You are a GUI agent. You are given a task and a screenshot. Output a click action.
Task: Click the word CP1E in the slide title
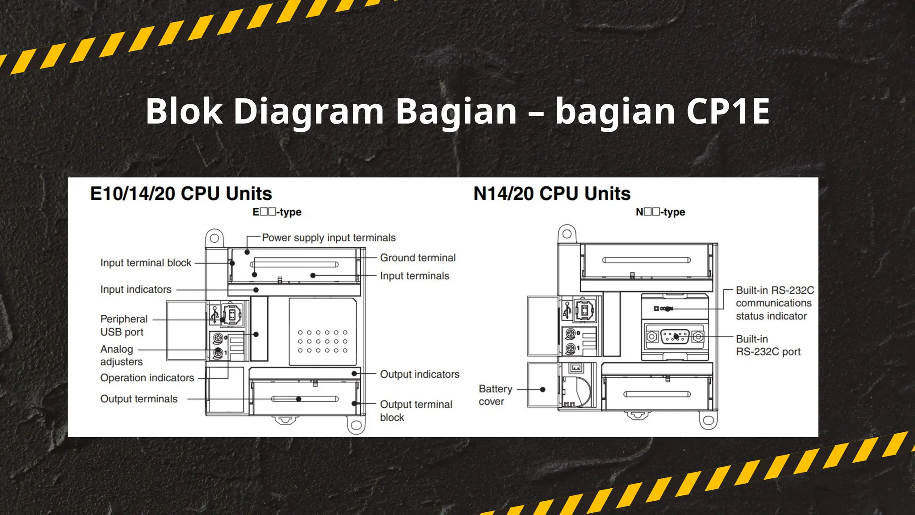coord(728,111)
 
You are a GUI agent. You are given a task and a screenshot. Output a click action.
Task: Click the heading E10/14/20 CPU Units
coord(181,194)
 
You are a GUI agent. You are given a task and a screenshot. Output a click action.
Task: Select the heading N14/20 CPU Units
coord(552,194)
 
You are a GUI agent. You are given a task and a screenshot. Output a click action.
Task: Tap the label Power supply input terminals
coord(328,238)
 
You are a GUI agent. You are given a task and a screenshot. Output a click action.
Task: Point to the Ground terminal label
coord(418,258)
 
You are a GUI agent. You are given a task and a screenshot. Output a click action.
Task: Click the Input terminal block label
coord(146,263)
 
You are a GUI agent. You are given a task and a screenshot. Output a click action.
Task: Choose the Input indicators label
coord(136,290)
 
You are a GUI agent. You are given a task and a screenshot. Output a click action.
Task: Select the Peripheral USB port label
coord(124,325)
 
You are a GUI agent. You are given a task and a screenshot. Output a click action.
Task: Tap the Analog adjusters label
coord(121,355)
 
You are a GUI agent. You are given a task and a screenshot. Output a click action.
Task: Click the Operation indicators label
coord(147,378)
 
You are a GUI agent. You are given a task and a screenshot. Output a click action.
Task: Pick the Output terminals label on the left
coord(139,399)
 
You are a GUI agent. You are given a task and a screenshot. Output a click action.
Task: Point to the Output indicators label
coord(420,374)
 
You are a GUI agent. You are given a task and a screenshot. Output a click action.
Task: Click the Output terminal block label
coord(416,411)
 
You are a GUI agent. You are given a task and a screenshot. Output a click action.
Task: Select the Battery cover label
coord(495,395)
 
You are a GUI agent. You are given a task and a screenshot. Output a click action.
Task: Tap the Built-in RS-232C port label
coord(768,346)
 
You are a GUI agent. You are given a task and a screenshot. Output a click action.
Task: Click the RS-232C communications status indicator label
coord(775,303)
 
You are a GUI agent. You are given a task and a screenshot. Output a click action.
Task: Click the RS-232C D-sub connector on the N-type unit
coord(675,337)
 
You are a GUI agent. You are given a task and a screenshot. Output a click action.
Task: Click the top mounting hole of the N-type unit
coord(567,234)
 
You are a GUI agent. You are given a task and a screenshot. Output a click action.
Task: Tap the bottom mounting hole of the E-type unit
coord(356,425)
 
